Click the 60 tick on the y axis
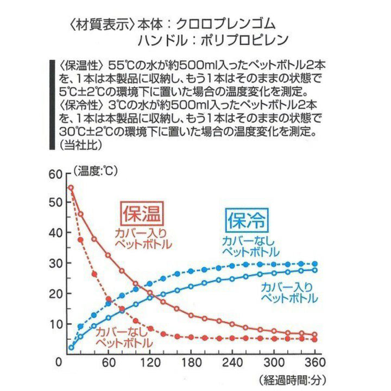click(56, 174)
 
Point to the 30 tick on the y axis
click(56, 263)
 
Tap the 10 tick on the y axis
click(56, 325)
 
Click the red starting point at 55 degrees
click(71, 188)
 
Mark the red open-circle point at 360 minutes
click(314, 335)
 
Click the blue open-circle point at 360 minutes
click(314, 270)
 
